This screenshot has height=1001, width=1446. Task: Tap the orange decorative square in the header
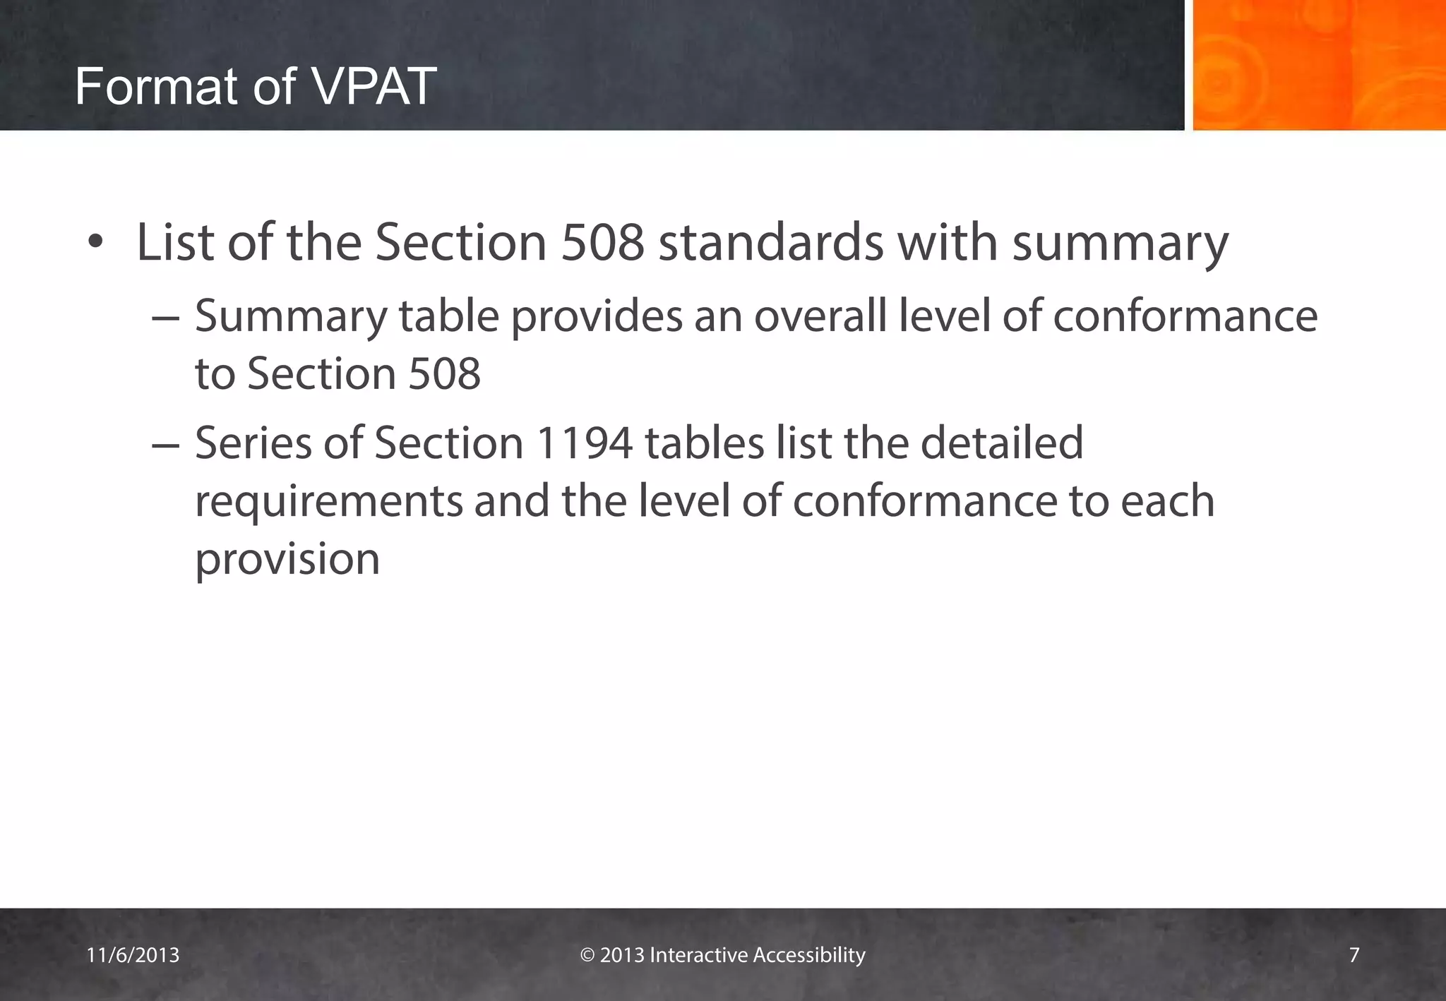pyautogui.click(x=1319, y=65)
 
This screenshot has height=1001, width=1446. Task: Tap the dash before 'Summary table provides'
pyautogui.click(x=166, y=317)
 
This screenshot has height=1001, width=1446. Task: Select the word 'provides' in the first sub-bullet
pyautogui.click(x=597, y=317)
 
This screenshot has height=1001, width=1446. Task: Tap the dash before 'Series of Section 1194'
pyautogui.click(x=166, y=444)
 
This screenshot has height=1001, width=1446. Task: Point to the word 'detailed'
pyautogui.click(x=1002, y=443)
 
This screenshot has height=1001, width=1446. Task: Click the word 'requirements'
pyautogui.click(x=328, y=502)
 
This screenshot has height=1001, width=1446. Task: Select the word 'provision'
pyautogui.click(x=287, y=559)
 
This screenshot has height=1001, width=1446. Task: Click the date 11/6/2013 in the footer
pyautogui.click(x=133, y=955)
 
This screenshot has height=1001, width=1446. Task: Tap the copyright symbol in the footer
pyautogui.click(x=587, y=955)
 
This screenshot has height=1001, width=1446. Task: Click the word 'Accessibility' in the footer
pyautogui.click(x=809, y=955)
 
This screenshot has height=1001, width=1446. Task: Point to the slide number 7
pyautogui.click(x=1354, y=955)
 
